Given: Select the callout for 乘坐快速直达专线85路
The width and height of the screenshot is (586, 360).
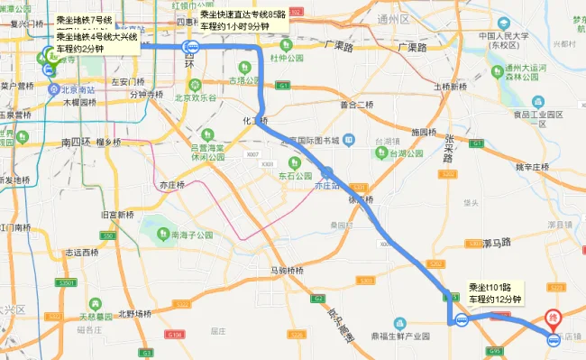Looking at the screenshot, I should pos(242,22).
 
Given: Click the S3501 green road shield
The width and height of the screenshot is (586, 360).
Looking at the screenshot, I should pos(66,282).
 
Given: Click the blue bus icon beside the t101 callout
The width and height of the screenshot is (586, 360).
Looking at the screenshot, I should pos(461,318).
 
